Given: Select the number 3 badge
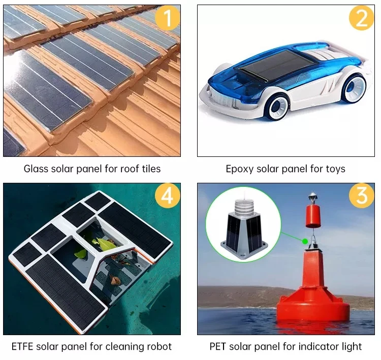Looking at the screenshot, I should [361, 197].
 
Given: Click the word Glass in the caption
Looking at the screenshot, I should [36, 169].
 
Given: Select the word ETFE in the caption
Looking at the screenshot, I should [24, 347].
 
